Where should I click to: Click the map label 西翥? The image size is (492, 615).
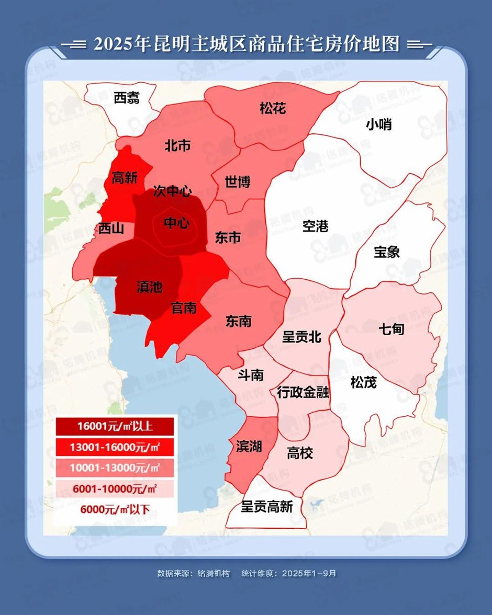click(x=127, y=98)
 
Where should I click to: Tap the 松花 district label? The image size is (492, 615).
click(x=273, y=109)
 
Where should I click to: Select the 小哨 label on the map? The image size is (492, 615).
click(x=379, y=125)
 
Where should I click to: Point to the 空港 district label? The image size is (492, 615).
click(x=316, y=226)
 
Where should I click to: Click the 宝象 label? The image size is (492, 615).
click(x=387, y=252)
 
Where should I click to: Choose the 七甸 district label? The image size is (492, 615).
click(x=391, y=329)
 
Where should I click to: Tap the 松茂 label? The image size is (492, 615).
click(x=363, y=383)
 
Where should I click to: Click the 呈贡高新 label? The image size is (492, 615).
click(x=267, y=506)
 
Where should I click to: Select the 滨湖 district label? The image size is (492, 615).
click(x=249, y=446)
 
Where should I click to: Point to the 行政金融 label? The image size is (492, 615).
click(x=303, y=392)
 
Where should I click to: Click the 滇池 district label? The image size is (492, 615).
click(x=149, y=287)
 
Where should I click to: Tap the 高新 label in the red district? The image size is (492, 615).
click(x=125, y=178)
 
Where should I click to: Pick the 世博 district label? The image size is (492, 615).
click(x=238, y=182)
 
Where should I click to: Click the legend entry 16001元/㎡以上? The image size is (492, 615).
click(x=115, y=426)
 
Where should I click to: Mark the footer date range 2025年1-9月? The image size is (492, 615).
click(x=309, y=573)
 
